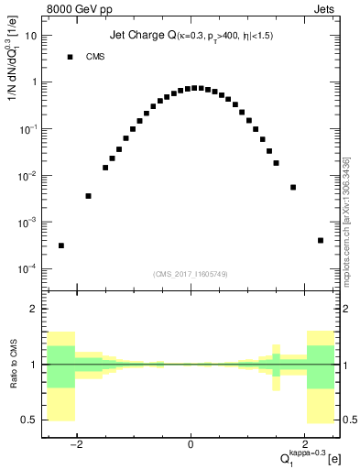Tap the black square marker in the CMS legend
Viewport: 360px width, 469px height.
pyautogui.click(x=70, y=57)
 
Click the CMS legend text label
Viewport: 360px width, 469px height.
pyautogui.click(x=96, y=57)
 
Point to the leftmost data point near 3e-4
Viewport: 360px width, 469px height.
pyautogui.click(x=61, y=245)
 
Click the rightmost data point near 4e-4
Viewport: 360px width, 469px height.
pyautogui.click(x=321, y=240)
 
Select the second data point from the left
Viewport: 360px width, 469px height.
pyautogui.click(x=88, y=196)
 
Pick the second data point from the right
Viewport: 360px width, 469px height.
pyautogui.click(x=293, y=187)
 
